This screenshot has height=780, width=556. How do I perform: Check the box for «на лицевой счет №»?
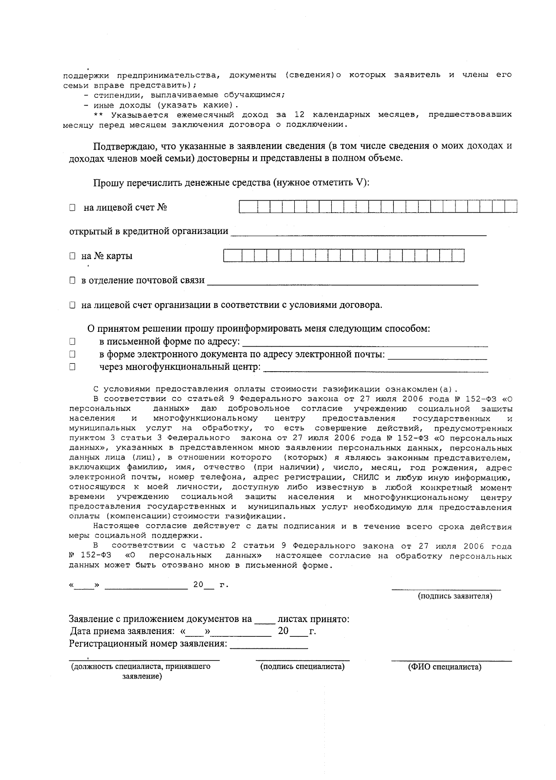[x=72, y=208]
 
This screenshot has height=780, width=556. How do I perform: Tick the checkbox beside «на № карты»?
[x=72, y=256]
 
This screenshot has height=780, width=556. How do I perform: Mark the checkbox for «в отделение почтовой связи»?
[x=72, y=280]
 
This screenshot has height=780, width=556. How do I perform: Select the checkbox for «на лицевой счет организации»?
[x=72, y=305]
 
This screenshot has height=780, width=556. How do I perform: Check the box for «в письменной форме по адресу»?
[x=72, y=342]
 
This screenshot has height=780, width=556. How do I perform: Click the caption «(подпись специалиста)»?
[x=303, y=667]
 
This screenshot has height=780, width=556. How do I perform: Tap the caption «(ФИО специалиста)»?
[x=444, y=667]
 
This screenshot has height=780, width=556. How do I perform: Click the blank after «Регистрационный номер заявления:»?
[x=269, y=645]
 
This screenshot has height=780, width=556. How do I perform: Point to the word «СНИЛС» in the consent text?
[x=366, y=477]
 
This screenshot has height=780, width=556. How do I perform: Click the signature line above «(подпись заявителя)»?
[x=446, y=588]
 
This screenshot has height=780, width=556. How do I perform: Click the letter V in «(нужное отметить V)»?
[x=360, y=183]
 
